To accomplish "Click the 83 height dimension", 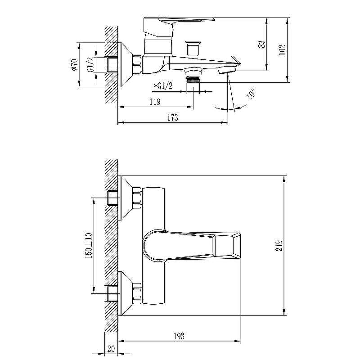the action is point(262,44).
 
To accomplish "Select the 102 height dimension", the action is point(282,49).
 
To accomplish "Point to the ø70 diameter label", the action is point(74,64).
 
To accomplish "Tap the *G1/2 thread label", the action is point(163,86).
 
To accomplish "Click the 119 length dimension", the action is point(155,102).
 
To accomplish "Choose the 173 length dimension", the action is point(172,117).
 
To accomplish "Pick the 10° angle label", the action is point(251,94).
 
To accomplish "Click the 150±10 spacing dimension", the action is point(89,246).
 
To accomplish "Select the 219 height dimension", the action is point(279,246).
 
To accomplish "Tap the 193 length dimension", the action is point(179,336).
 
